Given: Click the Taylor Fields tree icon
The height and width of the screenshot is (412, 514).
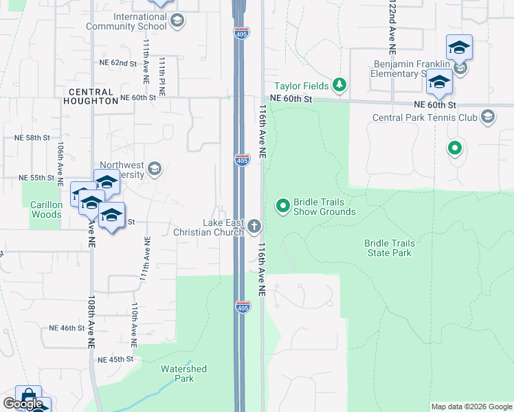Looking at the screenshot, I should (x=339, y=86).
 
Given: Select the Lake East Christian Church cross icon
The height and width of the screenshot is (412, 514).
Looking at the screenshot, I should (x=254, y=226).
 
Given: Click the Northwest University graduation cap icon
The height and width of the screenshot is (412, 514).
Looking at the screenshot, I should (x=155, y=168).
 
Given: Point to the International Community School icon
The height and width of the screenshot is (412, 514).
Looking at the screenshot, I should (x=177, y=21).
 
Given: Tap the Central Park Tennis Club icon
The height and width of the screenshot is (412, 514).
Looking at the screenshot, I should (x=488, y=117).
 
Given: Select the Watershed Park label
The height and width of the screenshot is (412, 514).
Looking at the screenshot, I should (x=183, y=374).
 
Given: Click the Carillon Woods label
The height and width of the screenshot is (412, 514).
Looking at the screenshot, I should (x=47, y=209).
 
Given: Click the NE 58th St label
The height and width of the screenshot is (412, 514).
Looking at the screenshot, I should (x=32, y=138).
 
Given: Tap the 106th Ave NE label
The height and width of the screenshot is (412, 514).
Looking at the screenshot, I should (x=61, y=159).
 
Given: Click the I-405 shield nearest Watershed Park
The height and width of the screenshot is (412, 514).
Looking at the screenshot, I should (x=243, y=306).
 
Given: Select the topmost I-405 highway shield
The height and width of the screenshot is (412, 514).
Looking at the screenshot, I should (x=241, y=32).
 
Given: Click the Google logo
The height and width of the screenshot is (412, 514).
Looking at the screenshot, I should (x=23, y=404).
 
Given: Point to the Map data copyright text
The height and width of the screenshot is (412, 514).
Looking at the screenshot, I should (x=471, y=407).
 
